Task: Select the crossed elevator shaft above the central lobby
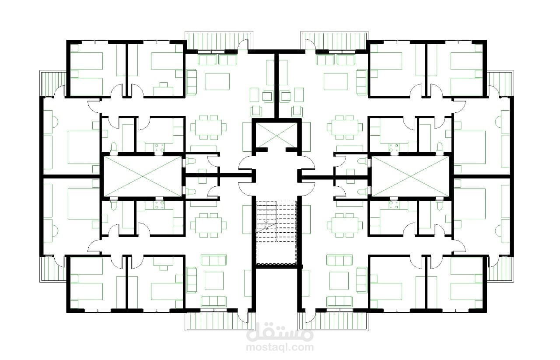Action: [276, 135]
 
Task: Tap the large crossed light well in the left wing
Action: [143, 176]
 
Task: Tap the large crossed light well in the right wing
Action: [411, 176]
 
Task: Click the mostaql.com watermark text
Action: [280, 347]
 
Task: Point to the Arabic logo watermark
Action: [280, 332]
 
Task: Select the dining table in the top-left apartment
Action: [208, 127]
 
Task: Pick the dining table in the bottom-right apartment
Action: [345, 225]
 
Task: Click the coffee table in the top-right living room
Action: [336, 81]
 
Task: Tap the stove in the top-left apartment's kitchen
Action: [159, 147]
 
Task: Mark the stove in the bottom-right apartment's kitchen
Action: [394, 205]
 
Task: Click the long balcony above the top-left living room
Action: [219, 41]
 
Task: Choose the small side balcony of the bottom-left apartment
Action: [53, 269]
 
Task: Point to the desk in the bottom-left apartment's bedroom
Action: [163, 262]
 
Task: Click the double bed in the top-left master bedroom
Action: [84, 147]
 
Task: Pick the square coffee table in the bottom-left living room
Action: [214, 281]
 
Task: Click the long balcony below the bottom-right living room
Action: [333, 321]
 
